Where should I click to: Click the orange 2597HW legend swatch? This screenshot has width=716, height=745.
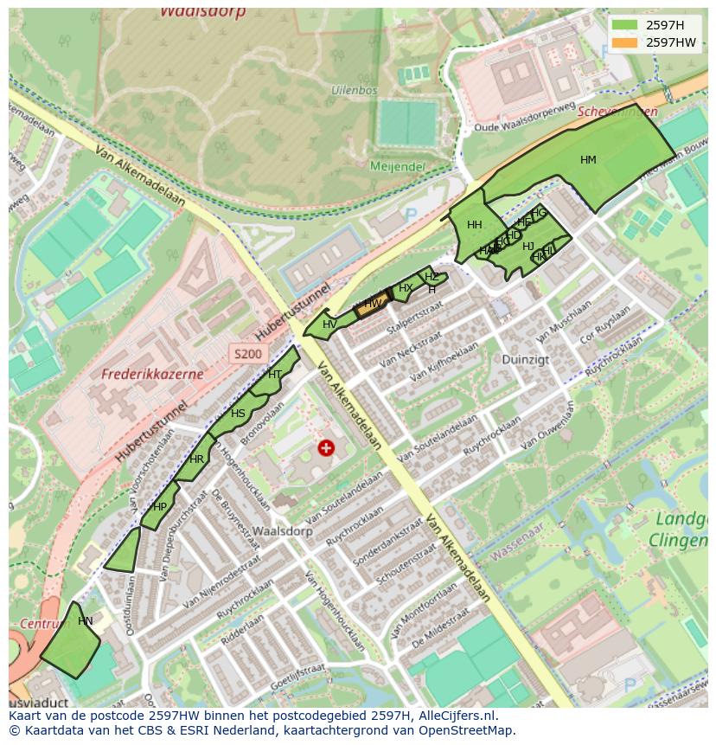click(x=623, y=42)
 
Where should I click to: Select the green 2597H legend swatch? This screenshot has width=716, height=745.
click(x=623, y=25)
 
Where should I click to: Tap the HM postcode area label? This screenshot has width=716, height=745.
click(x=588, y=160)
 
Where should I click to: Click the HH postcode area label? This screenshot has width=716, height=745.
click(x=474, y=225)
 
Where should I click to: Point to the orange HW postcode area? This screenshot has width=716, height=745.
click(x=372, y=304)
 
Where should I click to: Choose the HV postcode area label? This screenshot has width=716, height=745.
click(x=329, y=324)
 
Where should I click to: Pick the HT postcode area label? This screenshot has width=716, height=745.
click(x=275, y=375)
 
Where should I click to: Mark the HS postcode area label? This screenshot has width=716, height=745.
click(x=238, y=414)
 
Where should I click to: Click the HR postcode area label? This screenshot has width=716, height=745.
click(x=197, y=459)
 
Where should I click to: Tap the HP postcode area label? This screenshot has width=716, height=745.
click(x=160, y=507)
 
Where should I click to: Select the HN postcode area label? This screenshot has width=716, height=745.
click(x=85, y=621)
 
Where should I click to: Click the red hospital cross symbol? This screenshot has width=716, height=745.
click(x=325, y=447)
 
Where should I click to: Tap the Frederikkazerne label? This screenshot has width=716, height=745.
click(x=152, y=375)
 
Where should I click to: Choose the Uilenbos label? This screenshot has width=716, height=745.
click(x=354, y=90)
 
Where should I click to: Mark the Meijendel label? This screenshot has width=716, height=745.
click(x=397, y=165)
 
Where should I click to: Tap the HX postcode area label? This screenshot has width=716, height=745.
click(x=405, y=288)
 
